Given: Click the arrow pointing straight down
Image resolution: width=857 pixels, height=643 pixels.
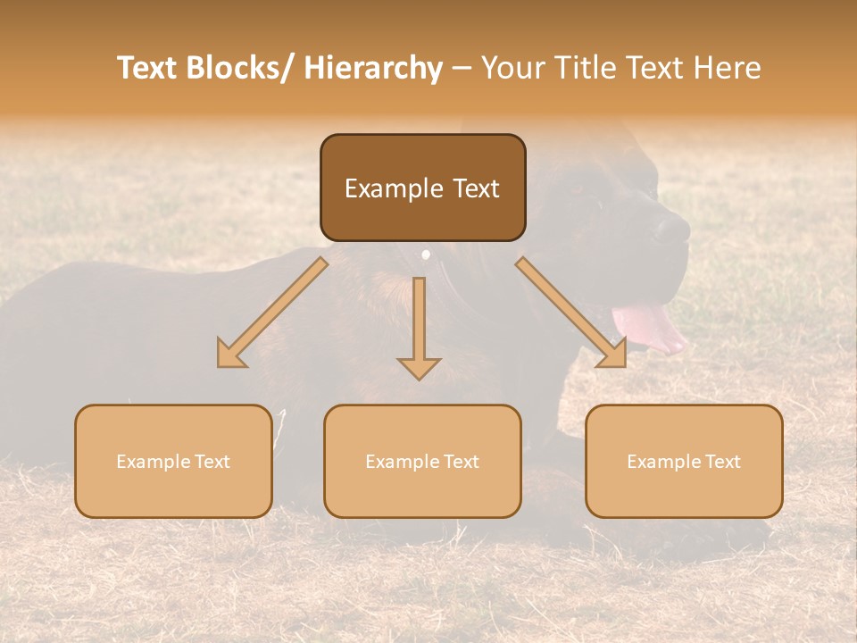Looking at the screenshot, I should [419, 330].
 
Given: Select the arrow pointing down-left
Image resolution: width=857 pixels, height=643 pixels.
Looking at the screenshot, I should [272, 313].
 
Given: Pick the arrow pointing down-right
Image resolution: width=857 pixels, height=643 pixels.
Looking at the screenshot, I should [571, 313].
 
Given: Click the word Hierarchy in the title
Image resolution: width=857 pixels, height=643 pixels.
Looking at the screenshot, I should [372, 69].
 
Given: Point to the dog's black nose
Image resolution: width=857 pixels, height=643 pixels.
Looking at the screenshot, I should [671, 230].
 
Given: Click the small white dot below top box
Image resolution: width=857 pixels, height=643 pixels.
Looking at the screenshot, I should [426, 255].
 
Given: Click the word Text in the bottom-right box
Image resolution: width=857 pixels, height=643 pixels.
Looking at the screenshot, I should [721, 462].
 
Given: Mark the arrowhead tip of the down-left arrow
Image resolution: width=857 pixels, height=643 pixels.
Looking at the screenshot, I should [220, 365].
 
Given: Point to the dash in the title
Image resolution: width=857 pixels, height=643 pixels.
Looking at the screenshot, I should [462, 69].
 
